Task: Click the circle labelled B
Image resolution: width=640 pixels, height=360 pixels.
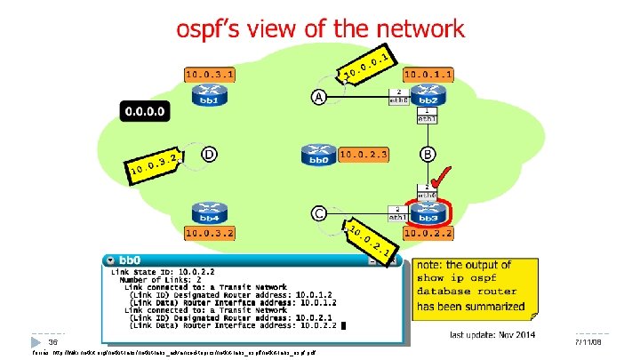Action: (428, 156)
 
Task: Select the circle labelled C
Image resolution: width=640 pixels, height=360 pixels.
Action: (317, 213)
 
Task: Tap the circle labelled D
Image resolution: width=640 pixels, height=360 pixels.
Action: (208, 156)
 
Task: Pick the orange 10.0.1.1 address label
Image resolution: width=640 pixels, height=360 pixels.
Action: (429, 75)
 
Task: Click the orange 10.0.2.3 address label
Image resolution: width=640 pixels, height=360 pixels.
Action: (364, 155)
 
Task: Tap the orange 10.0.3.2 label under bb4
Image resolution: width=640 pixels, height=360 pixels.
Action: (209, 233)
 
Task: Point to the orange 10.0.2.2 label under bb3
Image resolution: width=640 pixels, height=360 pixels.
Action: (428, 233)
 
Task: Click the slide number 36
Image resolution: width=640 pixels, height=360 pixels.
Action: (52, 342)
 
